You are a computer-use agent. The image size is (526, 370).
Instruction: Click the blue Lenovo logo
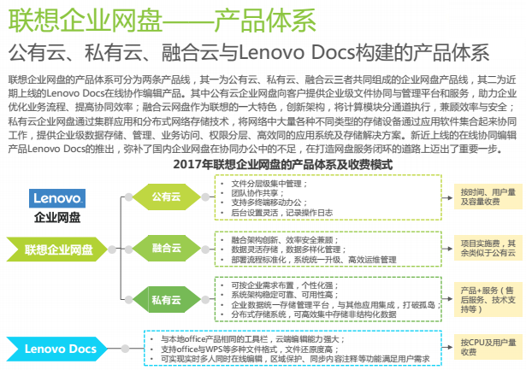(x=57, y=198)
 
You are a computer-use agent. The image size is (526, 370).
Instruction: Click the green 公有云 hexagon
(x=167, y=197)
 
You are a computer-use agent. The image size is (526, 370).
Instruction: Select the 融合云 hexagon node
(x=167, y=249)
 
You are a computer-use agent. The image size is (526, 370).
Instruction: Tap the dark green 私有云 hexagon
(x=167, y=299)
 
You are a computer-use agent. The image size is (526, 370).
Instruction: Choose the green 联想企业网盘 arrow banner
(x=57, y=250)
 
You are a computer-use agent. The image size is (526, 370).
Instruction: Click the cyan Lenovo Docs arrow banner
(x=57, y=349)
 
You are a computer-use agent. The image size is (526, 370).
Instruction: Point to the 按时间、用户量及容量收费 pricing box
(x=488, y=197)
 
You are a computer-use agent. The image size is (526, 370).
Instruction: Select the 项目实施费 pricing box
(x=488, y=248)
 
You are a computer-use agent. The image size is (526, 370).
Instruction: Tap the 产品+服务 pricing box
(x=488, y=300)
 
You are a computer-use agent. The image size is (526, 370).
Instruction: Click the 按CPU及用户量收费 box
(x=488, y=347)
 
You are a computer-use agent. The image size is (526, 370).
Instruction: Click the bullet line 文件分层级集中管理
(x=269, y=184)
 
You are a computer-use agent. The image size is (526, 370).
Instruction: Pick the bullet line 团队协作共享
(x=257, y=193)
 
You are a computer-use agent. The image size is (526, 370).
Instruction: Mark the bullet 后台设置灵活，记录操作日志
(x=281, y=213)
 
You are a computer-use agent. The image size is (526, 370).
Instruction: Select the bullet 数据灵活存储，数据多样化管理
(x=288, y=250)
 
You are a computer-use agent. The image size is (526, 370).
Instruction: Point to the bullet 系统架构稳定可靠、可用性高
(x=285, y=295)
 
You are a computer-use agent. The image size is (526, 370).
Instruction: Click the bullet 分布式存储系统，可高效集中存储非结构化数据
(x=314, y=314)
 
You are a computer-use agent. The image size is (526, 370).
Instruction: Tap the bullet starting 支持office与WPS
(x=247, y=349)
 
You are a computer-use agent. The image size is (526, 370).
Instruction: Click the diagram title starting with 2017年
(x=283, y=165)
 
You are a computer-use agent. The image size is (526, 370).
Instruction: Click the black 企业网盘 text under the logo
(x=57, y=218)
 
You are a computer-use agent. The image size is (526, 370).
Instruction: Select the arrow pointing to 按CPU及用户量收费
(x=447, y=347)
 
